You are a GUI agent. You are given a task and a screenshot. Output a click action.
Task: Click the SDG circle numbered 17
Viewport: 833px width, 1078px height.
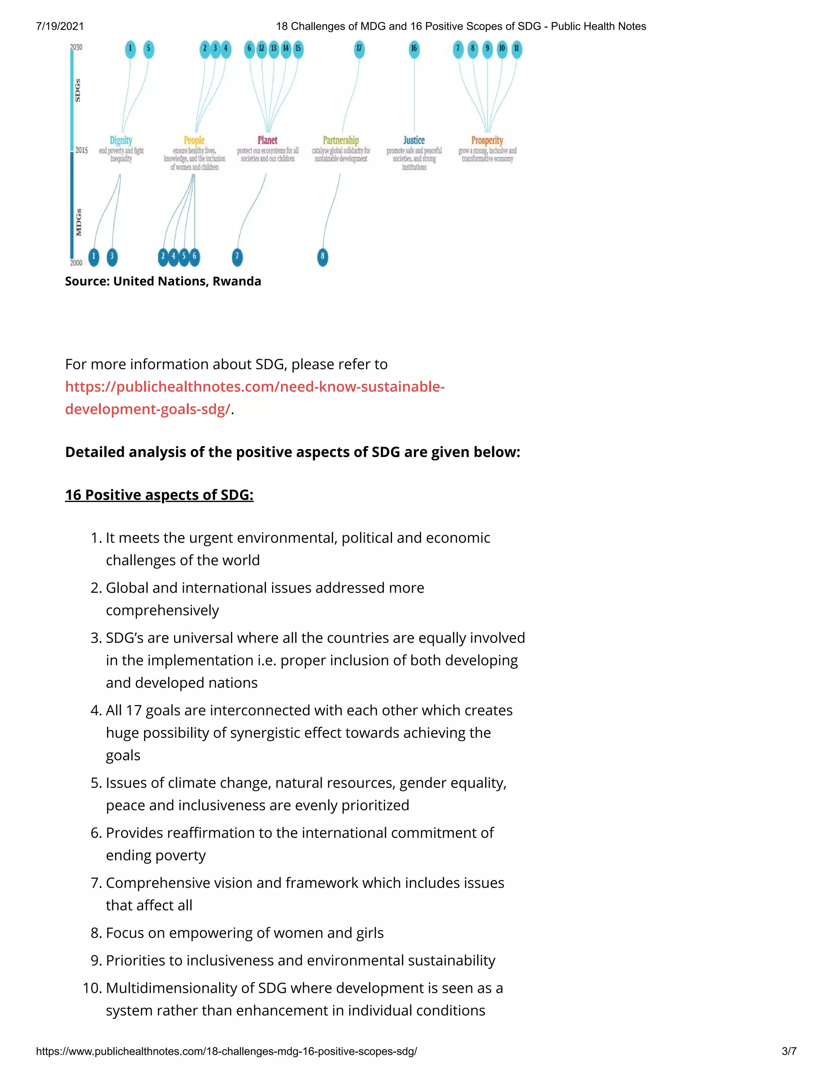click(359, 49)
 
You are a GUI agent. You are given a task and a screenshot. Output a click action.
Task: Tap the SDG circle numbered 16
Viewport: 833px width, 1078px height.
click(414, 49)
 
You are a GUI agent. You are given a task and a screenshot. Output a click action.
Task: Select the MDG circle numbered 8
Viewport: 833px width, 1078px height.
click(323, 256)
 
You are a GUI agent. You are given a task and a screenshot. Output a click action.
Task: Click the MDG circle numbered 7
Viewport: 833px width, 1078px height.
click(237, 256)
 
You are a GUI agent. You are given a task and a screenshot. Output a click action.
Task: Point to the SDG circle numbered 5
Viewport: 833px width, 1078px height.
click(148, 49)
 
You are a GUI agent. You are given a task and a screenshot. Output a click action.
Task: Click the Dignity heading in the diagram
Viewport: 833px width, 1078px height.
click(121, 140)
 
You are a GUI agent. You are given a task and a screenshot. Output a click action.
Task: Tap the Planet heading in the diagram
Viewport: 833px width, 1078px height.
click(268, 140)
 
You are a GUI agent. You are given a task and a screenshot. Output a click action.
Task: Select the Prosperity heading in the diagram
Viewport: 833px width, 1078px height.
click(487, 140)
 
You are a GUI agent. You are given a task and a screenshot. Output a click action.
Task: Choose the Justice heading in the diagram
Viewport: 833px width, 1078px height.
click(414, 140)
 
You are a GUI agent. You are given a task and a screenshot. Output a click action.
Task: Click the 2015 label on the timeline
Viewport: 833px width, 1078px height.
click(81, 150)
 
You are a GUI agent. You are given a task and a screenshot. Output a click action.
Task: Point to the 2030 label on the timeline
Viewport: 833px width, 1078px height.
click(76, 47)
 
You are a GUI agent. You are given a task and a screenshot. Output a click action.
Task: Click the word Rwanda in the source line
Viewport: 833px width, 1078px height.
click(237, 282)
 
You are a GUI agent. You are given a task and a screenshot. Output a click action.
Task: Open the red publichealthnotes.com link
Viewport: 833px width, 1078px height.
click(255, 387)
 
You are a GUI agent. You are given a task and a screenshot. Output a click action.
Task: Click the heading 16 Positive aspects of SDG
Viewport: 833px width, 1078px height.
click(159, 495)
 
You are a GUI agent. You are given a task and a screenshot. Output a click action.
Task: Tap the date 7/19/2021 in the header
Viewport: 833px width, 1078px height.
click(60, 26)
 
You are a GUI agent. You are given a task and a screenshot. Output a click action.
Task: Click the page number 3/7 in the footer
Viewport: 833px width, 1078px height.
click(789, 1051)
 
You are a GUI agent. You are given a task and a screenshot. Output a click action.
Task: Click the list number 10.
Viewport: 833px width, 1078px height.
click(92, 988)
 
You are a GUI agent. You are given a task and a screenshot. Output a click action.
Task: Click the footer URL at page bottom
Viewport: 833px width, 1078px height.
click(226, 1051)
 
